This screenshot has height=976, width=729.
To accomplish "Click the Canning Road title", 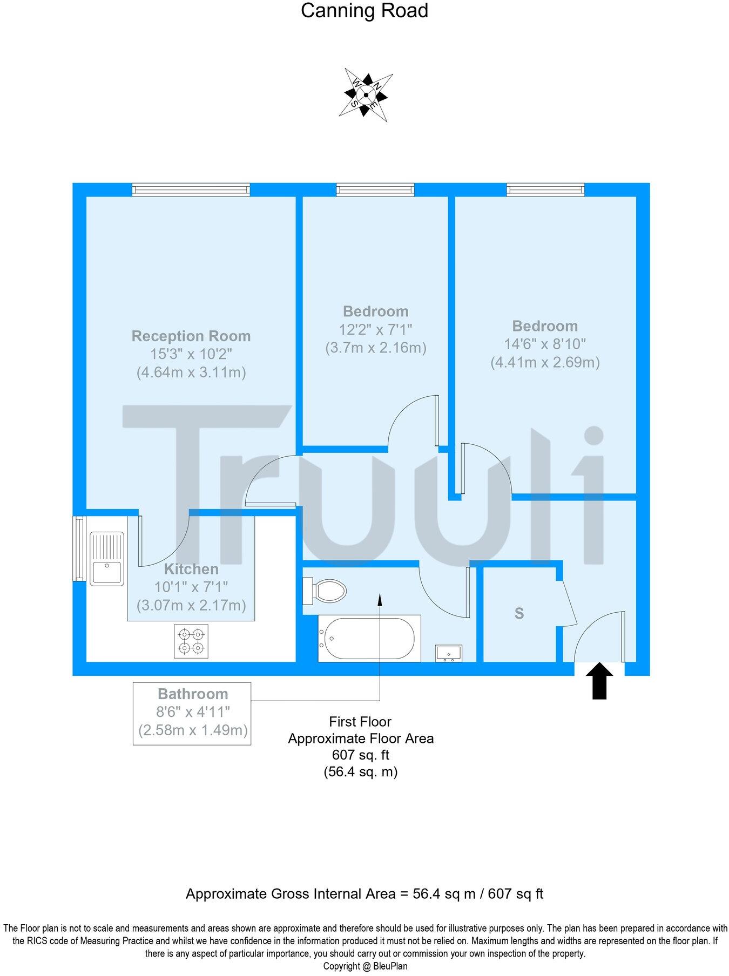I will [x=364, y=11].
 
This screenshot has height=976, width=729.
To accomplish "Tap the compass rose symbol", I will [x=366, y=95].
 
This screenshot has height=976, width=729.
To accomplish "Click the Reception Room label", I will [x=191, y=336].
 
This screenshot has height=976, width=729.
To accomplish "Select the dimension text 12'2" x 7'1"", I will [x=376, y=329].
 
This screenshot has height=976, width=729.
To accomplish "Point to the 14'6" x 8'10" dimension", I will [x=545, y=344].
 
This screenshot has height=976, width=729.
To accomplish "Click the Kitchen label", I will [x=191, y=569].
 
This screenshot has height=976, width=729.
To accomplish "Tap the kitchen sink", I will [x=106, y=558].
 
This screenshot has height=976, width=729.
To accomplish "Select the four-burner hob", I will [x=191, y=641].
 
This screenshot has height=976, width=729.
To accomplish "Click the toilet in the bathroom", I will [x=325, y=591].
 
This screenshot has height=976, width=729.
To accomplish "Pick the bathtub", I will [x=369, y=639].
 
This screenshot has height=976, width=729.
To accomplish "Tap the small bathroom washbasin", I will [x=449, y=653].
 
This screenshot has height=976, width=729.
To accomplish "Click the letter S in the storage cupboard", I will [x=519, y=613].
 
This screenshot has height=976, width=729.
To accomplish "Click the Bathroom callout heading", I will [x=193, y=694].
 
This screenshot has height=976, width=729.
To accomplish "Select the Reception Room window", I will [x=191, y=189].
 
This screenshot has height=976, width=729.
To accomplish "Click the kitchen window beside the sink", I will [x=79, y=548].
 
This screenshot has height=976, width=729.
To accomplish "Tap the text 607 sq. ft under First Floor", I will [x=361, y=755].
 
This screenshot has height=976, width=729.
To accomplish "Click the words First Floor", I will [x=360, y=722].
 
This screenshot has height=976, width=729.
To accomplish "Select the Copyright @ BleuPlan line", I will [x=365, y=966].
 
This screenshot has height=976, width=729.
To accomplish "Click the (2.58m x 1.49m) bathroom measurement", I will [x=193, y=731].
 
